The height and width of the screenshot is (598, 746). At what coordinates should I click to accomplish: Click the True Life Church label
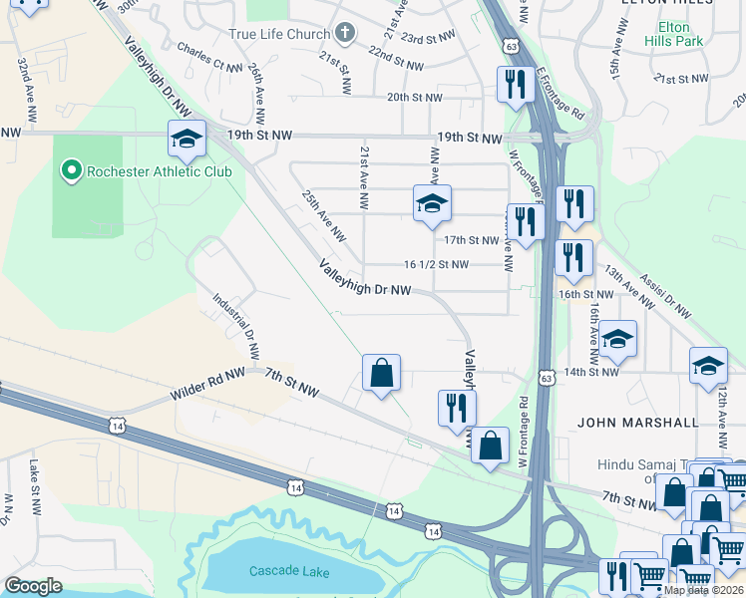tap(279, 34)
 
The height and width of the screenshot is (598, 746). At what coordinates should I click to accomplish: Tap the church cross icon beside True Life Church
tap(345, 34)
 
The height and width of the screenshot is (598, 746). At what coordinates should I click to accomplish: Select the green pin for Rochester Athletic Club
tap(71, 171)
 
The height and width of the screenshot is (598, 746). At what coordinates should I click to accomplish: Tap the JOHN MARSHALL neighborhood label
tap(638, 423)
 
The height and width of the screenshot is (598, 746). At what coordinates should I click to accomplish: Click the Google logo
tap(33, 586)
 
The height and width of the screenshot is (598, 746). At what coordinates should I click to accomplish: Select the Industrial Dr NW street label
tap(236, 326)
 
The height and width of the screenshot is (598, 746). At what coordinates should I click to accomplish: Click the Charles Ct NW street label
tap(208, 58)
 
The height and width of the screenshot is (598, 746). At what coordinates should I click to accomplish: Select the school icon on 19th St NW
tap(186, 140)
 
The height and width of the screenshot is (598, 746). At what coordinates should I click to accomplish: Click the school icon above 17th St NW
tap(432, 203)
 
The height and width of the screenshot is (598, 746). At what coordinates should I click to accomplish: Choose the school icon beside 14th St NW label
tap(617, 340)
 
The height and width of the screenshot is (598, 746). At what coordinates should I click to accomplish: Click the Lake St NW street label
tap(33, 480)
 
